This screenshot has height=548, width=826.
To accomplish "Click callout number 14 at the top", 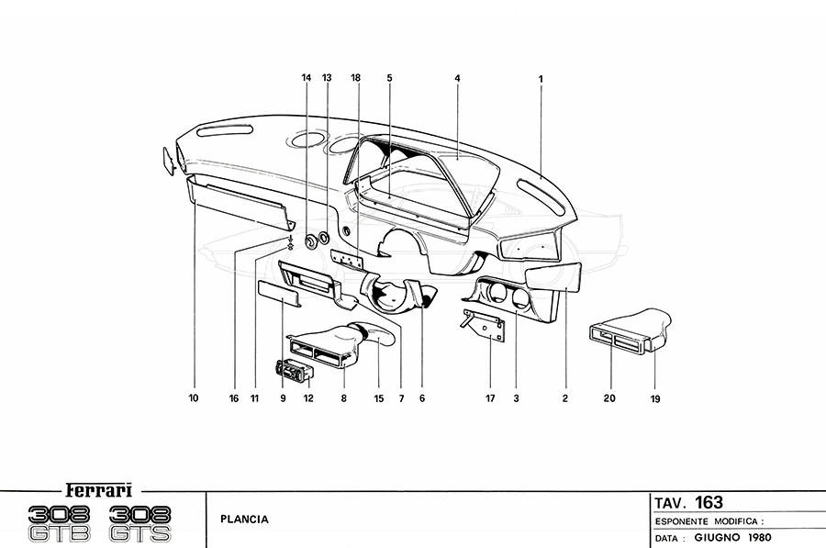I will pyautogui.click(x=307, y=79).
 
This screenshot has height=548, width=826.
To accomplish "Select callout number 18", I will pyautogui.click(x=355, y=79).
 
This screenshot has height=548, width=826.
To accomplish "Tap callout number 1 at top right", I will pyautogui.click(x=541, y=79).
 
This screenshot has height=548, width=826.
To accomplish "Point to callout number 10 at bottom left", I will pyautogui.click(x=194, y=399).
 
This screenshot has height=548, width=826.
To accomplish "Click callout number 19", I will pyautogui.click(x=655, y=399).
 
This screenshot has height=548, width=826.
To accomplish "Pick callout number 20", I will pyautogui.click(x=609, y=399).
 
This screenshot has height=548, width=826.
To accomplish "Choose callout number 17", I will pyautogui.click(x=490, y=399).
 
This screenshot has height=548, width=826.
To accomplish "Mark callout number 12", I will pyautogui.click(x=308, y=399).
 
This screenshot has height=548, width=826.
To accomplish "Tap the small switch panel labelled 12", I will pyautogui.click(x=293, y=371).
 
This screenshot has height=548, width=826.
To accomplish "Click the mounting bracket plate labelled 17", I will pyautogui.click(x=486, y=326).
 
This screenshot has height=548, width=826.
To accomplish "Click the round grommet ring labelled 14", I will pyautogui.click(x=311, y=242).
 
